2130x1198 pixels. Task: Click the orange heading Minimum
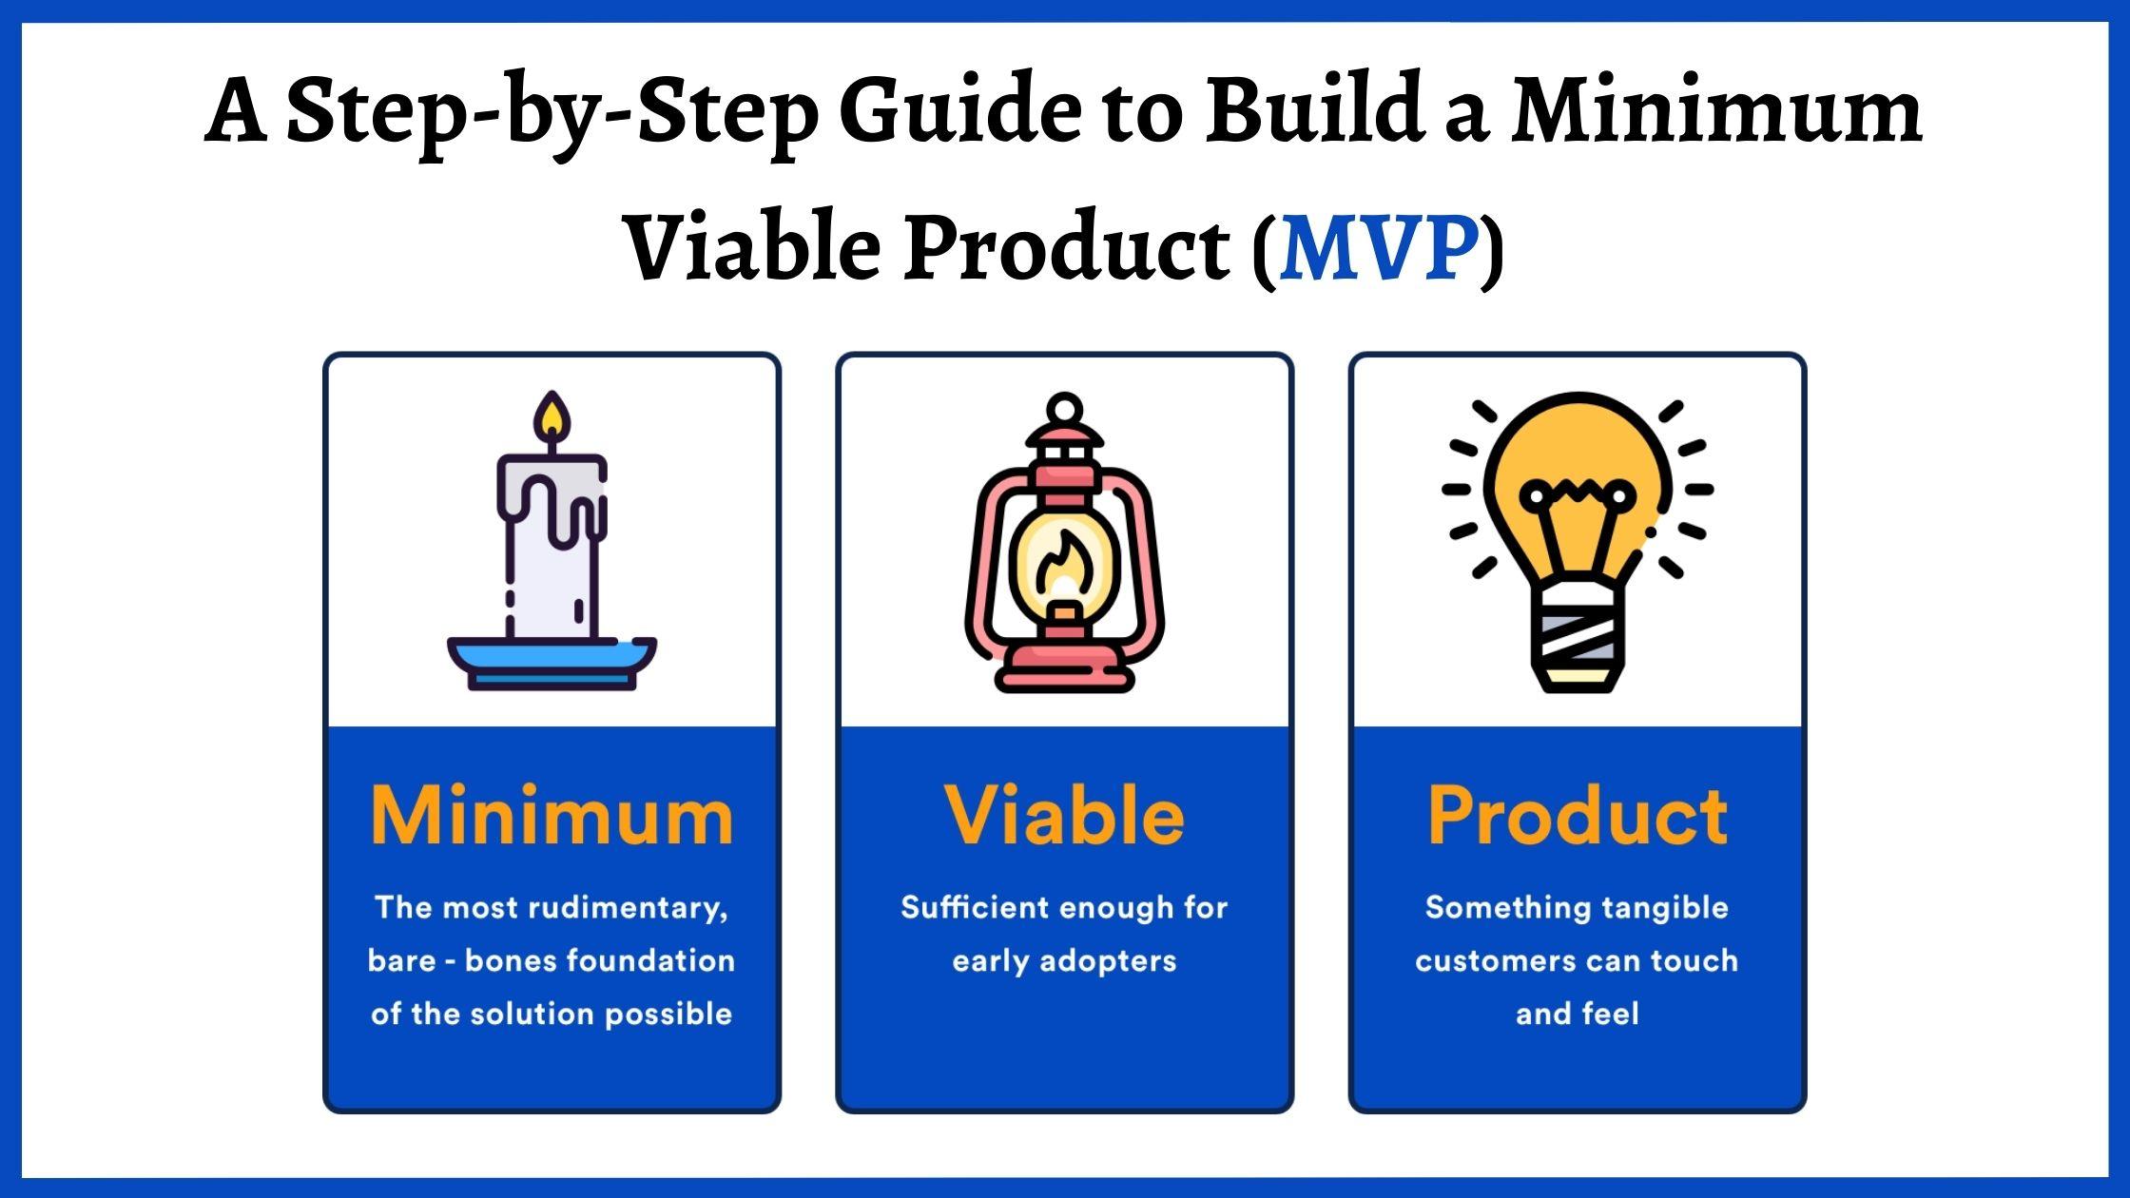pos(552,816)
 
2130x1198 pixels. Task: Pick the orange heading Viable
pos(1064,816)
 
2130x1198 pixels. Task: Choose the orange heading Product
pos(1577,816)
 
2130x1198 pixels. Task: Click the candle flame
pos(552,418)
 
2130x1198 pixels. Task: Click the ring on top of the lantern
pos(1064,410)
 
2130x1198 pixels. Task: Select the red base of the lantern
pos(1064,667)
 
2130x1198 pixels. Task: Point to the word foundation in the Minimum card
pos(666,961)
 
